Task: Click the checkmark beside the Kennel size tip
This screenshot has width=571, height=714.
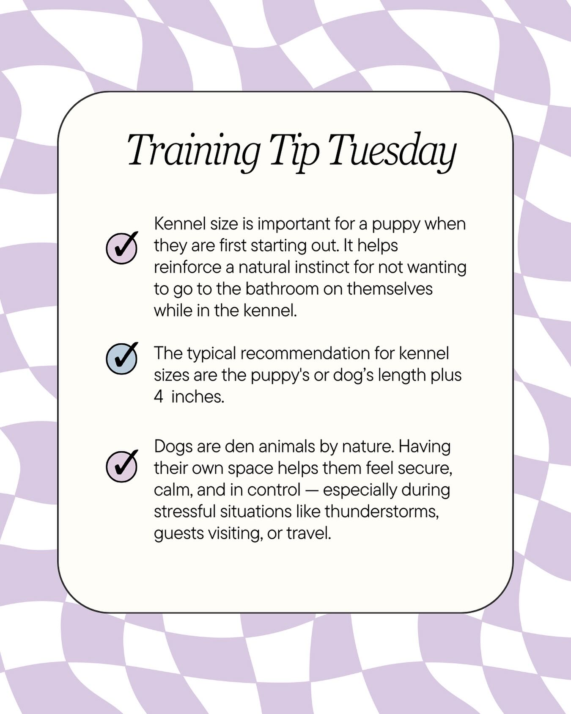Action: [121, 248]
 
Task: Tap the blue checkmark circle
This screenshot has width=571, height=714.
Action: [121, 358]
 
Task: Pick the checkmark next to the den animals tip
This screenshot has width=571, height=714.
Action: [121, 466]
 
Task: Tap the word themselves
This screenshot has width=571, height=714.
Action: [390, 289]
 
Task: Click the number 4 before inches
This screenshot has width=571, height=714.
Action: [158, 397]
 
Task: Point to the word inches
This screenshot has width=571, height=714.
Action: [197, 397]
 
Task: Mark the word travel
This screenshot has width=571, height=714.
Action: [308, 533]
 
